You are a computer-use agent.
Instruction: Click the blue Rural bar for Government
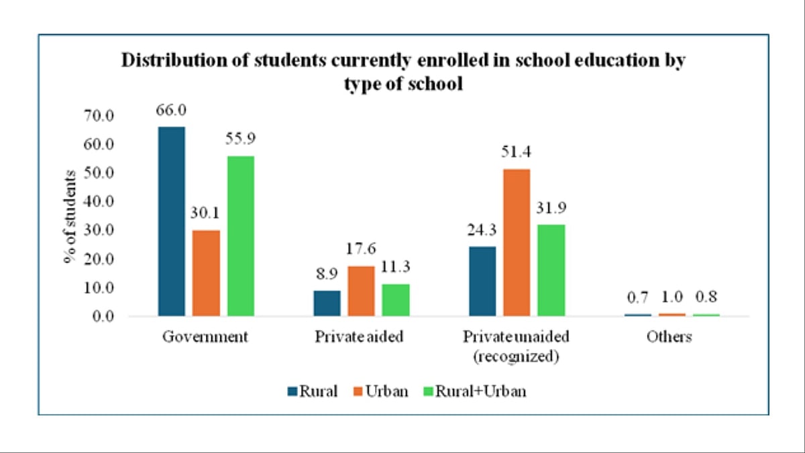pyautogui.click(x=171, y=221)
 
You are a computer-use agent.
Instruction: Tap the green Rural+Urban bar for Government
pyautogui.click(x=240, y=236)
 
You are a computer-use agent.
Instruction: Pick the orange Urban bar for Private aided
pyautogui.click(x=361, y=291)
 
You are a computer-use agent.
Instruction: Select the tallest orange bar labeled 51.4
pyautogui.click(x=517, y=242)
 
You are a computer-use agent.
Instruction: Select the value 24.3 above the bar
pyautogui.click(x=482, y=232)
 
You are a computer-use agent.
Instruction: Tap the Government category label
pyautogui.click(x=205, y=337)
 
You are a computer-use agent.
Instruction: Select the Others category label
pyautogui.click(x=669, y=337)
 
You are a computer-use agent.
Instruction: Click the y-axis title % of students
pyautogui.click(x=71, y=215)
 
